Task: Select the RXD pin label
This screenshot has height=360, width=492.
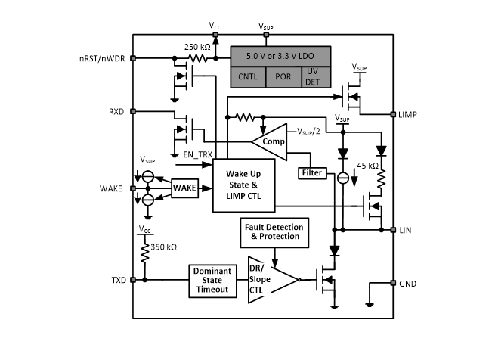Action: pos(116,111)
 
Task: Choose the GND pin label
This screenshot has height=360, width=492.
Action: pos(408,283)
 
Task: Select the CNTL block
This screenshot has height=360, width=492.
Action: pos(247,76)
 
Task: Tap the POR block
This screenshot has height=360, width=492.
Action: pos(282,76)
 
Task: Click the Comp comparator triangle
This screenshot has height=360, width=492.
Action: pos(268,141)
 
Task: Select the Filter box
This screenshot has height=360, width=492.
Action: pos(312,173)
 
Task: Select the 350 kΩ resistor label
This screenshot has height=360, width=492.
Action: pos(166,247)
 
